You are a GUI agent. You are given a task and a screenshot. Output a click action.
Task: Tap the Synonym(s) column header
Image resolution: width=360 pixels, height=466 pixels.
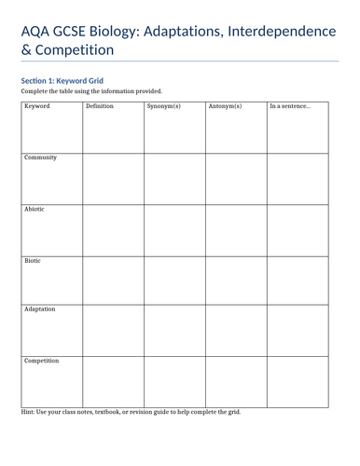tap(164, 106)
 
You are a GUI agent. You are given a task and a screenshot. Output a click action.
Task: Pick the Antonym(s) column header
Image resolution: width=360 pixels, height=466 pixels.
tap(225, 106)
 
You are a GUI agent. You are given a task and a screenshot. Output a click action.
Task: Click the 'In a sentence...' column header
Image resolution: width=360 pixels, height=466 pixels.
tap(290, 106)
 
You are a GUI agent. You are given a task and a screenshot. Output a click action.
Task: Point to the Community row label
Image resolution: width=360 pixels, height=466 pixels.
tap(41, 158)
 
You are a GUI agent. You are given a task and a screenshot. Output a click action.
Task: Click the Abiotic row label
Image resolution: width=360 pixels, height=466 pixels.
tap(35, 209)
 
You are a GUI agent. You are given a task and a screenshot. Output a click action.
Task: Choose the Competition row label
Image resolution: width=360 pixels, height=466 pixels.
tap(42, 360)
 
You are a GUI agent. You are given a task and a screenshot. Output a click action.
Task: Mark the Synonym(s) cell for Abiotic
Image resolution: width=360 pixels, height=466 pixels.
tap(174, 229)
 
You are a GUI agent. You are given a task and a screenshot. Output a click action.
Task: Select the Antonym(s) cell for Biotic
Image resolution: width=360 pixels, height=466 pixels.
tap(236, 280)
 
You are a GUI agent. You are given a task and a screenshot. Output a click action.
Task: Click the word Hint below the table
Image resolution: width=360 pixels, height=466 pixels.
tap(29, 412)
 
